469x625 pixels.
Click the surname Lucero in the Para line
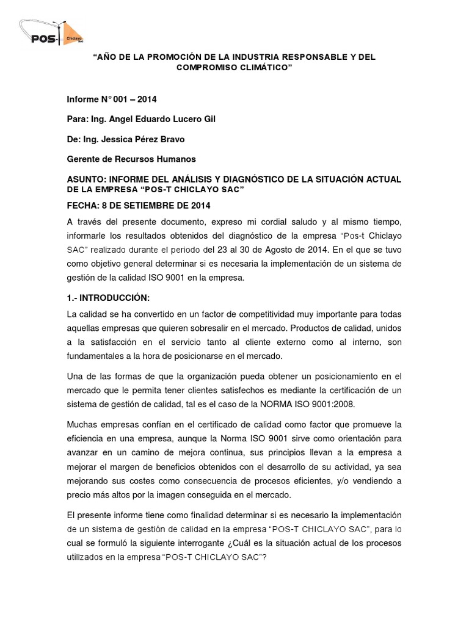point(173,120)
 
